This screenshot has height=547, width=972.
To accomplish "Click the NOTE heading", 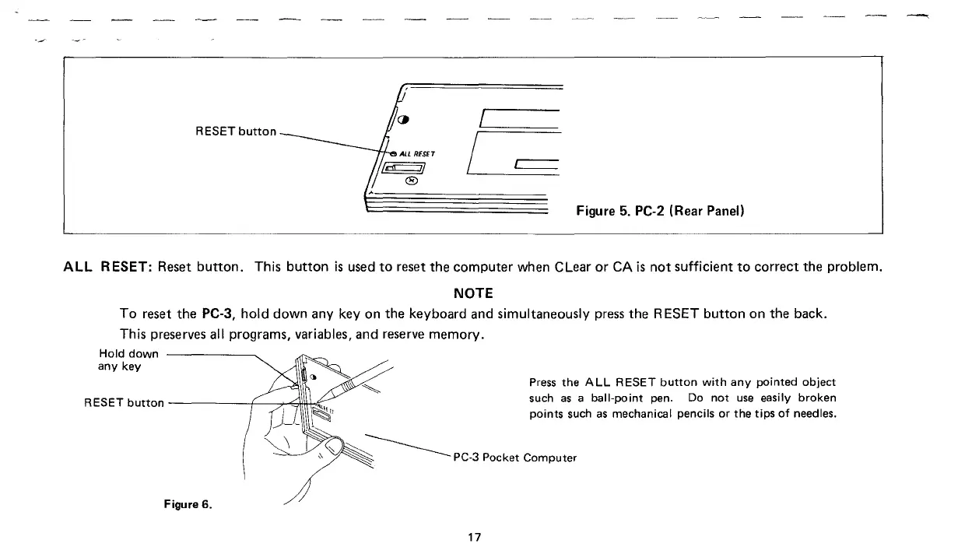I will coord(472,293).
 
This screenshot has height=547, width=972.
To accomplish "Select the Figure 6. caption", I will coord(188,503).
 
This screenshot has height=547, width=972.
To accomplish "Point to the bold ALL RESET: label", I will coord(107,269).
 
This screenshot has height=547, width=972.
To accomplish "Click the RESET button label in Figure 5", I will coord(235,131).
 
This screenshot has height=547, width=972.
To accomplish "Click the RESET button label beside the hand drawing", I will coord(124,402).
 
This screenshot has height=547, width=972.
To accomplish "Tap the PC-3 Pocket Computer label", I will coord(514,457).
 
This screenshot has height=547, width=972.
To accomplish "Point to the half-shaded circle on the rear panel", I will coord(402,120).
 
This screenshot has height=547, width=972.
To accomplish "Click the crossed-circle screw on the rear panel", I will coord(412,181).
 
